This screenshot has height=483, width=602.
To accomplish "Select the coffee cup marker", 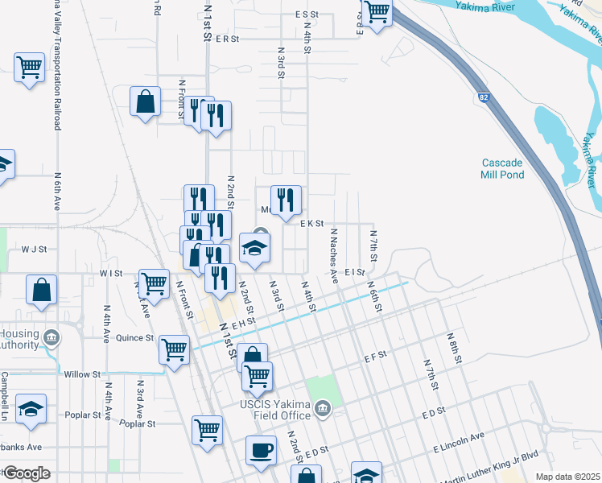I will [261, 451].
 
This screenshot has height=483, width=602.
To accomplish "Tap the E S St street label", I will [307, 14].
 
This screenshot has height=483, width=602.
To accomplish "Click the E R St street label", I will [228, 38].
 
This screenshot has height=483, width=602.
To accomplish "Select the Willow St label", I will [82, 374].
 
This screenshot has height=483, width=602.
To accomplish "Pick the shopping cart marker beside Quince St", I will [174, 350].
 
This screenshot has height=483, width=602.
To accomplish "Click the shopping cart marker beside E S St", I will [376, 12].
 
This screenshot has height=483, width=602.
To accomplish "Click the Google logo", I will [27, 473].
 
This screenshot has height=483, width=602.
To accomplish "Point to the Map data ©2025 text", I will [567, 477].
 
